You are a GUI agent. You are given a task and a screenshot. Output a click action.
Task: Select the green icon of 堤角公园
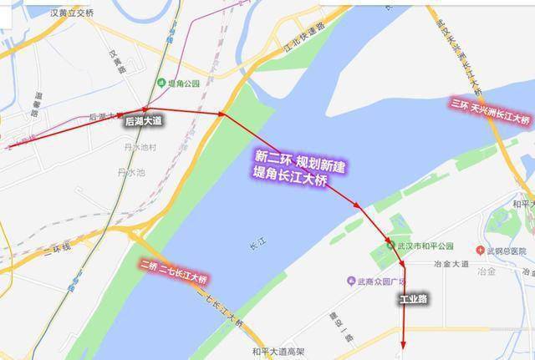click(x=160, y=83)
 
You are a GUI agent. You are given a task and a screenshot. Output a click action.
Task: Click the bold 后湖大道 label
click(x=143, y=122)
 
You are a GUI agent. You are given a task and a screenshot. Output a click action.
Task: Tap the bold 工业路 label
click(x=412, y=298)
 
